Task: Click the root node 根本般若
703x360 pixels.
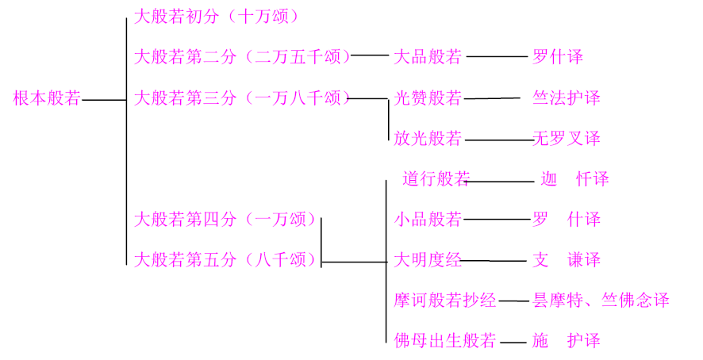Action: coord(47,99)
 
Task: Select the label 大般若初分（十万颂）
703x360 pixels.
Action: coord(217,16)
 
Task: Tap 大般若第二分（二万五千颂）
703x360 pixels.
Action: coord(242,57)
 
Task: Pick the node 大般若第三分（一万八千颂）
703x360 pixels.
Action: coord(242,98)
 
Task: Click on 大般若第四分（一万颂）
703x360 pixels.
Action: coord(225,220)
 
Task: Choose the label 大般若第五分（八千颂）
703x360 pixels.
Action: coord(225,260)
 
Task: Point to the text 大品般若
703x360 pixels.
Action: coord(428,57)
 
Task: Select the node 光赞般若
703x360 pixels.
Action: coord(428,98)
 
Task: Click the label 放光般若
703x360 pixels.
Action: coord(428,140)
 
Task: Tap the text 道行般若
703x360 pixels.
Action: coord(436,179)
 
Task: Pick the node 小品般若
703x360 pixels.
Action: coord(428,220)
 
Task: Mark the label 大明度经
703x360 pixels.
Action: coord(428,260)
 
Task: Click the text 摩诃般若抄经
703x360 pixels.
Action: coord(445,301)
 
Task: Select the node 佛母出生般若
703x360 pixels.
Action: coord(445,342)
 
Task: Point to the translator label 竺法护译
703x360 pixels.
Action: coord(567,98)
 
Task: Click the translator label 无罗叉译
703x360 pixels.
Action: coord(567,140)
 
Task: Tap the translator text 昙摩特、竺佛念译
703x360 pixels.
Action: coord(601,301)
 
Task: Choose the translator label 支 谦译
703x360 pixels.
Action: coord(567,260)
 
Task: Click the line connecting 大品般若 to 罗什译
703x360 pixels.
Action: coord(497,57)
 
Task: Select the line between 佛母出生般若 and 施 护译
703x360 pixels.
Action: coord(513,343)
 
